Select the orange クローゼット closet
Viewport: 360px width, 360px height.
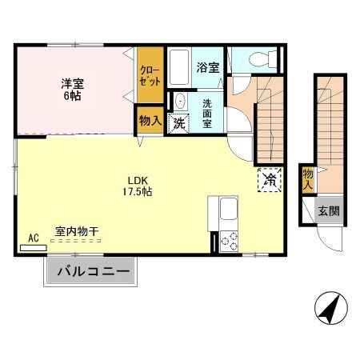[x=149, y=75]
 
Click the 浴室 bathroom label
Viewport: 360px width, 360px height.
[x=207, y=69]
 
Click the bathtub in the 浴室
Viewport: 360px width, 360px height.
[x=178, y=68]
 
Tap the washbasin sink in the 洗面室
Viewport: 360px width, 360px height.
[x=180, y=102]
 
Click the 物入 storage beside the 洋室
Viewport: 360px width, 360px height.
[x=149, y=122]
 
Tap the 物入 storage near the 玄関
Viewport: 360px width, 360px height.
[x=308, y=178]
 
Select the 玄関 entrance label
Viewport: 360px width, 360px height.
[x=328, y=211]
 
